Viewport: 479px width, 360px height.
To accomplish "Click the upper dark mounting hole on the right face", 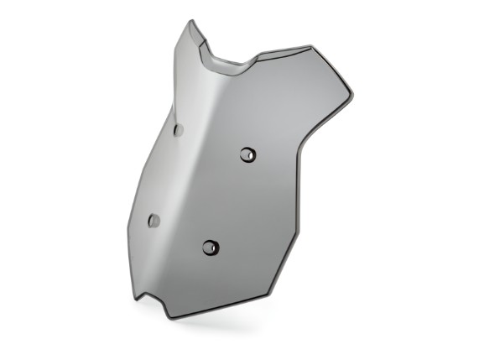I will [247, 154].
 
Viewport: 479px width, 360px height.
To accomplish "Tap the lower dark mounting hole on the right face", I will [211, 248].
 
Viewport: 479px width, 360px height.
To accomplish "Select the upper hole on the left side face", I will [178, 130].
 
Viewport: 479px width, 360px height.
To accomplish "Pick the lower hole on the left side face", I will [154, 220].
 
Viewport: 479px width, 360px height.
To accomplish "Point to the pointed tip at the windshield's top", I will [191, 22].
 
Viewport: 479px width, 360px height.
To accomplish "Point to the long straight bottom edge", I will [222, 305].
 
